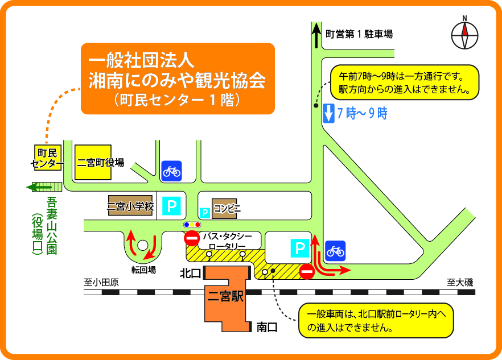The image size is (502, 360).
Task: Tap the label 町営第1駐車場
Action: (x=359, y=35)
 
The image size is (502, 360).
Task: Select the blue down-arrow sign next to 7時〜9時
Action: (x=328, y=114)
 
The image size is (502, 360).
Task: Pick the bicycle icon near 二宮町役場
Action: (x=171, y=170)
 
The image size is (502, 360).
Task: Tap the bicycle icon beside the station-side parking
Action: (x=335, y=250)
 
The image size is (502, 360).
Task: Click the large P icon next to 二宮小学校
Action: (x=171, y=206)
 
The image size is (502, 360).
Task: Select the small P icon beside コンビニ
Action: (x=205, y=213)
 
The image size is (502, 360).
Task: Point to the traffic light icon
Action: (x=192, y=225)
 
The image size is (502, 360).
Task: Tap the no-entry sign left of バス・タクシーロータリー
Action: (x=192, y=238)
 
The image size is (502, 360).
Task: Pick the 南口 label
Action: (x=266, y=327)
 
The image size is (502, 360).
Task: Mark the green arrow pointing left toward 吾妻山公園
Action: (x=38, y=187)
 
